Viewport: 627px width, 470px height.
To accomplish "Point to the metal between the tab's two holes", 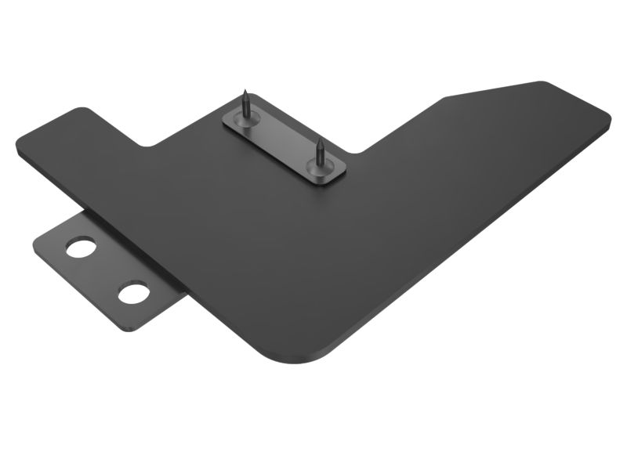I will point(107,271).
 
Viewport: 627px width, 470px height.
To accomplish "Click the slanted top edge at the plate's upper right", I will point(494,90).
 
